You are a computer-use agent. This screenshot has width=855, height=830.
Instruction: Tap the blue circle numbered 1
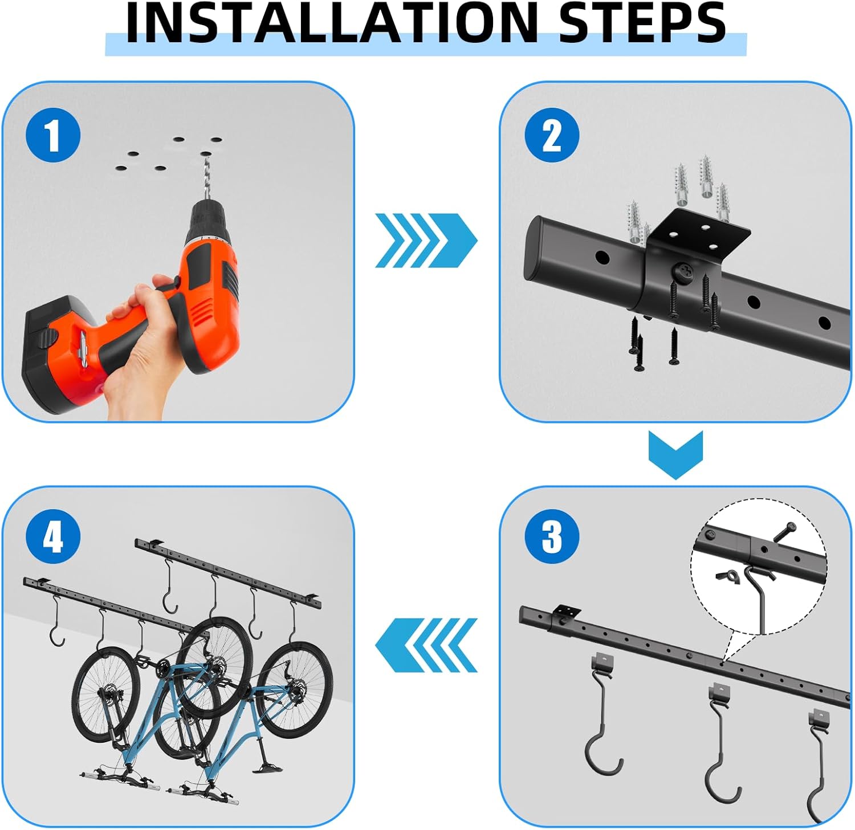pos(53,136)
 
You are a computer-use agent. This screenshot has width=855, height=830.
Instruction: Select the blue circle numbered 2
pos(551,136)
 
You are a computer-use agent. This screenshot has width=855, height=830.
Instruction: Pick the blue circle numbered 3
pos(551,536)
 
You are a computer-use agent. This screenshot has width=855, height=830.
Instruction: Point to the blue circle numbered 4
pos(53,536)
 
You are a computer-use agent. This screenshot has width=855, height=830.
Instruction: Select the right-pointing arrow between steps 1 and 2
pos(425,240)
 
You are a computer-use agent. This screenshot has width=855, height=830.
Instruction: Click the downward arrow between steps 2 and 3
pos(675,454)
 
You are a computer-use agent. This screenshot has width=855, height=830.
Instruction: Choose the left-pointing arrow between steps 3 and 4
pos(425,645)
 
